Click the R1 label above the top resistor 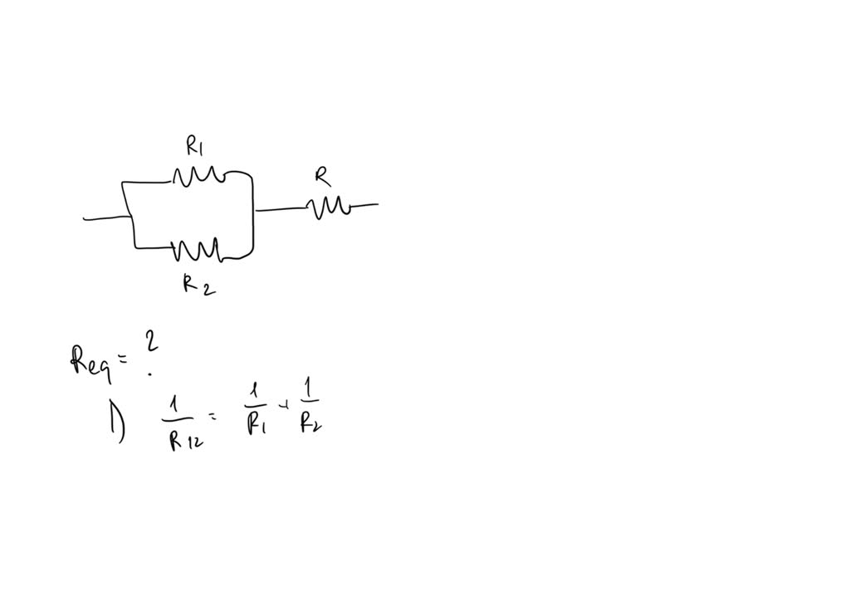[194, 148]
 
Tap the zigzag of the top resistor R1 [198, 175]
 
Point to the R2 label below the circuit [198, 285]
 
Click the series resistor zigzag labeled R [330, 206]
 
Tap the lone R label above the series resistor [322, 176]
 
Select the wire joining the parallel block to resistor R [282, 209]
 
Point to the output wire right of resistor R [364, 205]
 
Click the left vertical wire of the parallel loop [129, 214]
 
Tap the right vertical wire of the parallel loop [252, 214]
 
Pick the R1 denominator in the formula [255, 424]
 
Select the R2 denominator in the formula [310, 425]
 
